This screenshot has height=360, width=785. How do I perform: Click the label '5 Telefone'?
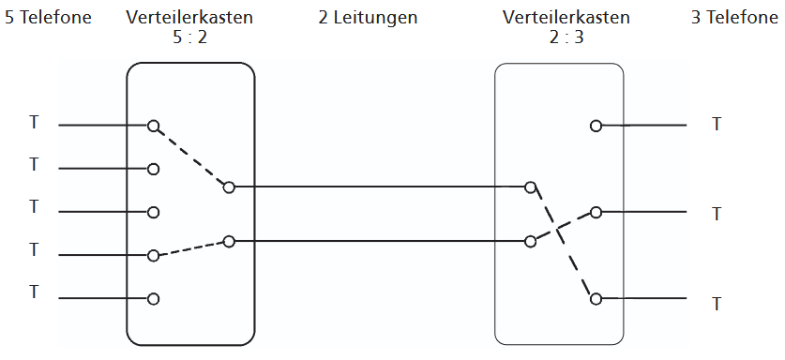pos(48,17)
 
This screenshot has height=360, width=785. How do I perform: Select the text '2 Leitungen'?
pos(368,17)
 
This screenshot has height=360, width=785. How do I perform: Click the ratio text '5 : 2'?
pos(189,37)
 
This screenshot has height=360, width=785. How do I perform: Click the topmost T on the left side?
pos(35,123)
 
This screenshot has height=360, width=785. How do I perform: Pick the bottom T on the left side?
pos(35,292)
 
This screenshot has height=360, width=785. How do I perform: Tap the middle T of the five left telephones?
pos(35,207)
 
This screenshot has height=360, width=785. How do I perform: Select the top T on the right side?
pos(717,124)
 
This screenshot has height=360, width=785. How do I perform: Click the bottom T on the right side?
pos(717,304)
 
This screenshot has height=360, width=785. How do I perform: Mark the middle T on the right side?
pos(717,214)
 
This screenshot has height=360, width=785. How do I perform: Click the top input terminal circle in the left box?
pos(153,125)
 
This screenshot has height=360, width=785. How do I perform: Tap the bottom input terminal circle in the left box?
pos(153,299)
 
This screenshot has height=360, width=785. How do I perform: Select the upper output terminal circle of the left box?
pos(229,187)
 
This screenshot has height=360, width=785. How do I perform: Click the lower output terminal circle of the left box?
pos(229,242)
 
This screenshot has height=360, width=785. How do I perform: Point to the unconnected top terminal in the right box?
pos(596,126)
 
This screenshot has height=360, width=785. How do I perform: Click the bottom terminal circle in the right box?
pos(596,299)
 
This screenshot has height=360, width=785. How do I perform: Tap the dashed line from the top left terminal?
pos(191,157)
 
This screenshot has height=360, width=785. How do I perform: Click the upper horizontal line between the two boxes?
pos(375,187)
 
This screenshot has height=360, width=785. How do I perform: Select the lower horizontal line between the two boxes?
pos(375,242)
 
